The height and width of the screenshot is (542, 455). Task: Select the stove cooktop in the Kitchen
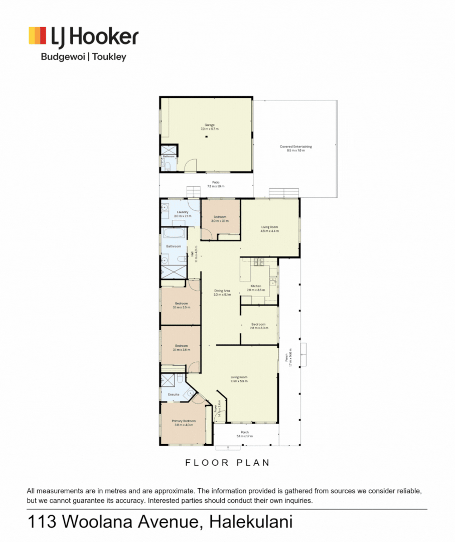pyautogui.click(x=259, y=261)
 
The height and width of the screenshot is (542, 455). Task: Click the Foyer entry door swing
pyautogui.click(x=221, y=416)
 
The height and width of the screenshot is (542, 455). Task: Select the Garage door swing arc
pyautogui.click(x=190, y=165)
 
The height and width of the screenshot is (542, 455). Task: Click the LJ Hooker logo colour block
pyautogui.click(x=38, y=36)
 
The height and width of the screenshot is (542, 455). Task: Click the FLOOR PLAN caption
pyautogui.click(x=227, y=463)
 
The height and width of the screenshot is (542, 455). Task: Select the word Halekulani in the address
pyautogui.click(x=251, y=522)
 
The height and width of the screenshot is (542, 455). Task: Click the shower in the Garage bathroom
pyautogui.click(x=168, y=150)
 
